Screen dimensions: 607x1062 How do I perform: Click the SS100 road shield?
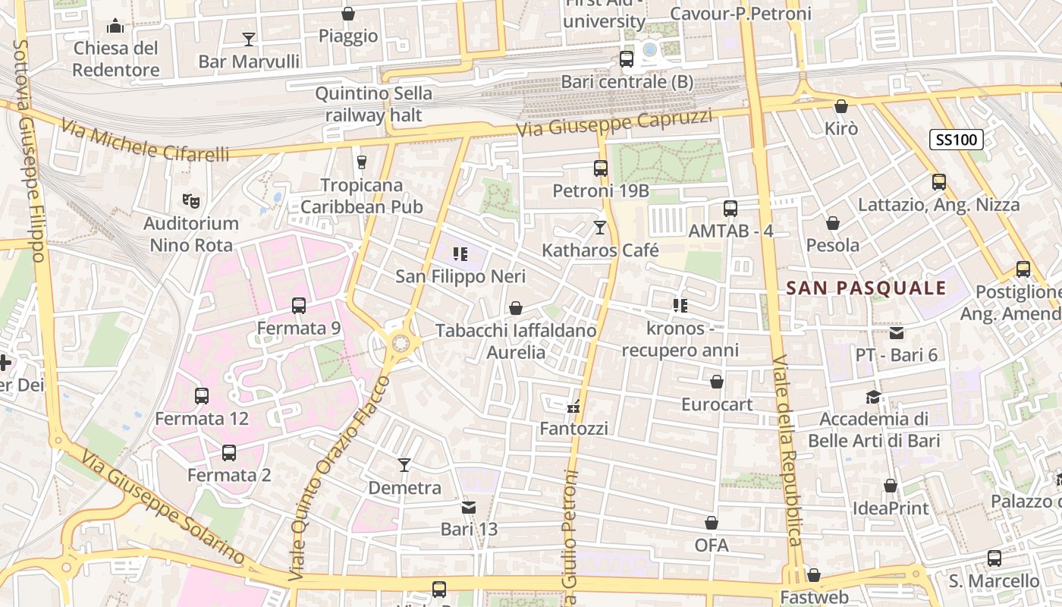956,140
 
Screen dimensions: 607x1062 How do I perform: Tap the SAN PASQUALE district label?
866,288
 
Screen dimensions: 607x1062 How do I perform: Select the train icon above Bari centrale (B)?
627,59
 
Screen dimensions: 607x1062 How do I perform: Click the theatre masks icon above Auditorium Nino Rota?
191,201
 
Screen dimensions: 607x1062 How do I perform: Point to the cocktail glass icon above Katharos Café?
600,227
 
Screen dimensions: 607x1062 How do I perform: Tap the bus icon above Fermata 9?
299,306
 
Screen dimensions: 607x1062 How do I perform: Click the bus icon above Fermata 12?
202,396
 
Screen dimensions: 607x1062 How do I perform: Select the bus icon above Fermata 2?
229,453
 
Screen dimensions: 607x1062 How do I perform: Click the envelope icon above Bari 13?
469,507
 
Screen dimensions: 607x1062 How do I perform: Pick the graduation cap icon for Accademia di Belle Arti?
874,397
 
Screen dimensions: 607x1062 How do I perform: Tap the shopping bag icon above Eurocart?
717,382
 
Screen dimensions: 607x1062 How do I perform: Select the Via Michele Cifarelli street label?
144,141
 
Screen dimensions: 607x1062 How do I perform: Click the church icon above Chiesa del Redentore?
115,27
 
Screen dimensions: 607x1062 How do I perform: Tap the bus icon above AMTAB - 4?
731,209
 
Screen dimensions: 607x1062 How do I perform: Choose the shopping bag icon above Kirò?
840,106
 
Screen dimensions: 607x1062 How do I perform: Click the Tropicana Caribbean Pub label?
361,196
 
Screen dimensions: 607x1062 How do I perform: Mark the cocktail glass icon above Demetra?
404,465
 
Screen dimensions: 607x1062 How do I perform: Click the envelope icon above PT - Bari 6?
897,332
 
